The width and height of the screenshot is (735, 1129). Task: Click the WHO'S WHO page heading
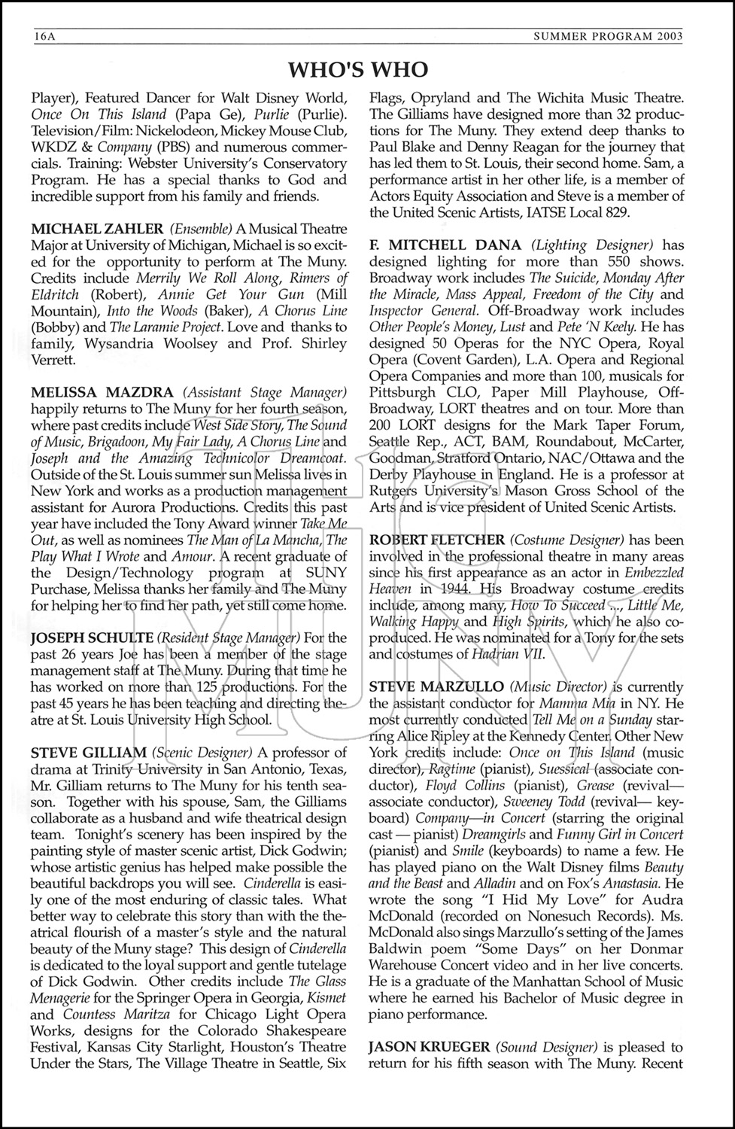[x=358, y=69]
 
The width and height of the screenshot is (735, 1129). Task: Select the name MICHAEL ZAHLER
[x=97, y=229]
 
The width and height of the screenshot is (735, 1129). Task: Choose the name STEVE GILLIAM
[x=89, y=753]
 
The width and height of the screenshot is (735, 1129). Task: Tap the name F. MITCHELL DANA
[x=445, y=245]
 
